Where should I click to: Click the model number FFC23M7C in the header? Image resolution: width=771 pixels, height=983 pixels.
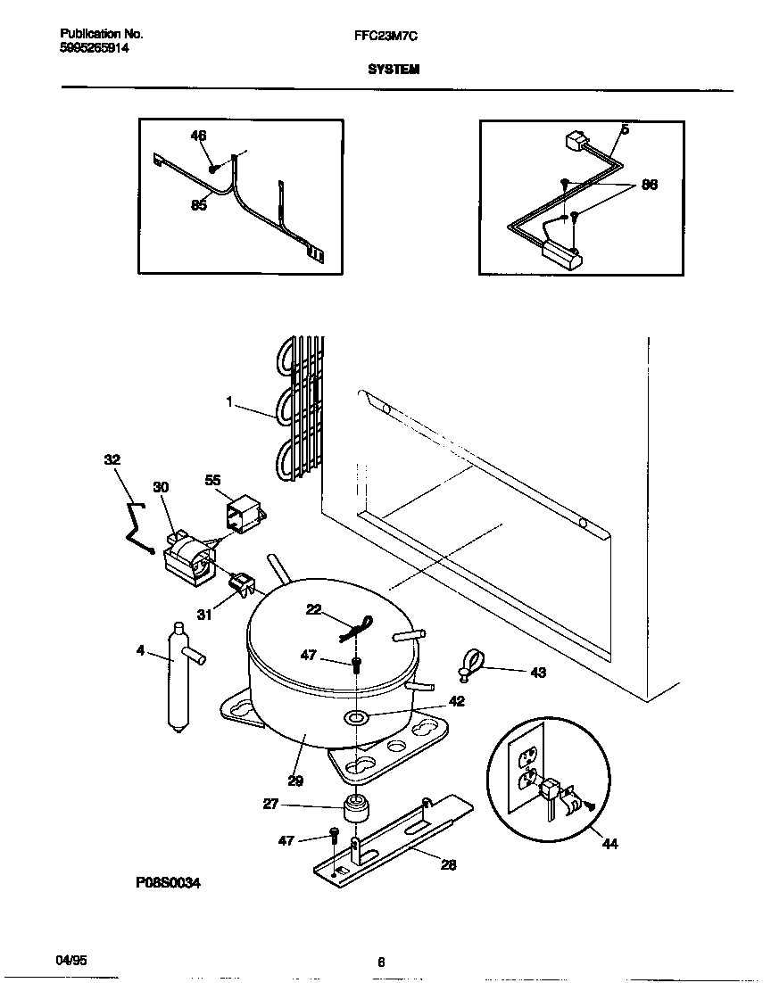(x=385, y=35)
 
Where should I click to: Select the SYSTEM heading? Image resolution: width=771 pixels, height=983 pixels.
(x=394, y=69)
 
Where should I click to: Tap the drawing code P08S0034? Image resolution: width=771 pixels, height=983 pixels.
(x=169, y=882)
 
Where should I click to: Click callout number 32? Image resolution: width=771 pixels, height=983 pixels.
(x=112, y=460)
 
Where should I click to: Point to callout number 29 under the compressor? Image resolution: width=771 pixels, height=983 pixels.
(x=295, y=781)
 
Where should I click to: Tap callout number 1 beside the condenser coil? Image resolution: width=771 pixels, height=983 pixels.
(x=229, y=403)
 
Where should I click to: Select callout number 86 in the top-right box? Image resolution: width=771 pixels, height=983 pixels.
(x=650, y=186)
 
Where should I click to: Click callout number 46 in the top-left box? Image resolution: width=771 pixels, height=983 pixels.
(x=198, y=136)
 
